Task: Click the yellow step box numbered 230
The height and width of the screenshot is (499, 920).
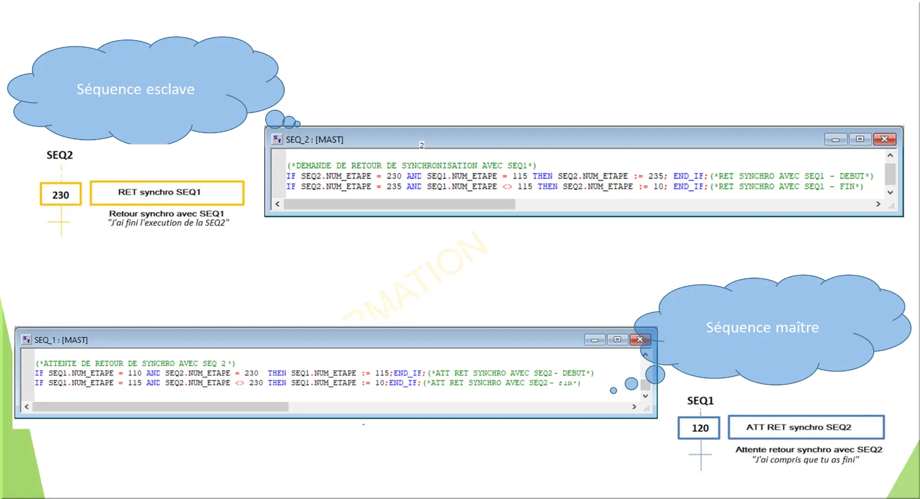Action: point(61,194)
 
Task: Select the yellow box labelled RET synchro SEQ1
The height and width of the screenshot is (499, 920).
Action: point(167,193)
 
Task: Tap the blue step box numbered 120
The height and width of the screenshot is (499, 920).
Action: point(699,428)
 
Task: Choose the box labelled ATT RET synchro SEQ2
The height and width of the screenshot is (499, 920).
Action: point(806,427)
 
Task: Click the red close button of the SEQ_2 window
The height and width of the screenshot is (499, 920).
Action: point(885,139)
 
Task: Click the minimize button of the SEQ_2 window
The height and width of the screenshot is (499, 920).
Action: point(836,139)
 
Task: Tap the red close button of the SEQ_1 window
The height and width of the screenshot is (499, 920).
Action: point(640,339)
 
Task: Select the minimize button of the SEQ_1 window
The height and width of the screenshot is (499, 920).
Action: point(595,339)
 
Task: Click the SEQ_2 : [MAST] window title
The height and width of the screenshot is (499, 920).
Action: point(314,140)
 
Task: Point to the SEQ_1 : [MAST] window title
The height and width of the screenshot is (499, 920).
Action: point(61,340)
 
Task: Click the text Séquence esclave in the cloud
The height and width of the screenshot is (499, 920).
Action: point(135,89)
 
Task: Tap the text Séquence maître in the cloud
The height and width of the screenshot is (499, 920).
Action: point(763,327)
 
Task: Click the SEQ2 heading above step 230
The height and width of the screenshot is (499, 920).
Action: point(60,155)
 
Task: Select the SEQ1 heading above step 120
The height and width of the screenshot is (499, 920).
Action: point(700,400)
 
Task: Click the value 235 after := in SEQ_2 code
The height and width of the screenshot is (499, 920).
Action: point(655,176)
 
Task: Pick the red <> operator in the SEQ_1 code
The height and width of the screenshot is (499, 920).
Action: point(239,383)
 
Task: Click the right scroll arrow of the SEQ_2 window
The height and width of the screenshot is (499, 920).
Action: point(878,204)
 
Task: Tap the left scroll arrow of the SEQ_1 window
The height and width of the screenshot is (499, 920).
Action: point(27,406)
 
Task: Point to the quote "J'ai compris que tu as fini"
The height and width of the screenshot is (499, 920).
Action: point(805,459)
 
